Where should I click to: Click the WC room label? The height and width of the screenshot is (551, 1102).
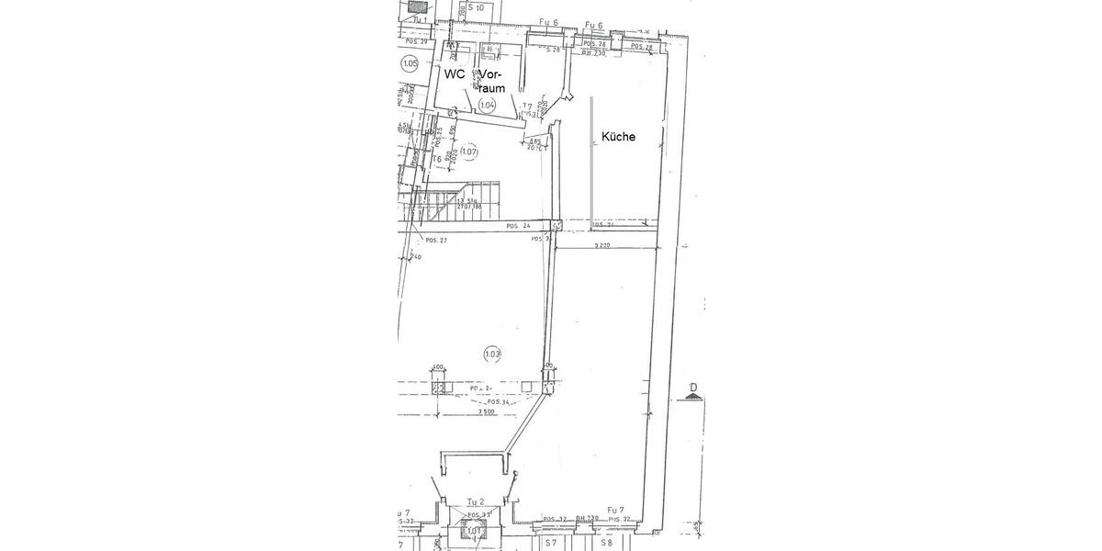pyautogui.click(x=454, y=73)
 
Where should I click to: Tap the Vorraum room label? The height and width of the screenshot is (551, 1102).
pyautogui.click(x=491, y=80)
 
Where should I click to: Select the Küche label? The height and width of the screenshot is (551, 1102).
pyautogui.click(x=618, y=137)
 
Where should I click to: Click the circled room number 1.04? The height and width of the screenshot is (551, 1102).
pyautogui.click(x=487, y=106)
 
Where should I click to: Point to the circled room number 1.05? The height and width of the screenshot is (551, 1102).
pyautogui.click(x=410, y=63)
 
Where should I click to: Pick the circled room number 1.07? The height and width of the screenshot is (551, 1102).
pyautogui.click(x=469, y=152)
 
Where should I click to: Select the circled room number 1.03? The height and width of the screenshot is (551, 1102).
pyautogui.click(x=493, y=353)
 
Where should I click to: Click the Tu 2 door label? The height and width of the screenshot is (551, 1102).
pyautogui.click(x=475, y=501)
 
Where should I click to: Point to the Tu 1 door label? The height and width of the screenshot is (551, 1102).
pyautogui.click(x=419, y=18)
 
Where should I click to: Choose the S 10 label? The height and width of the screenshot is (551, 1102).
pyautogui.click(x=476, y=7)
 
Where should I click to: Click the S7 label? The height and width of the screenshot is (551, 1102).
pyautogui.click(x=550, y=543)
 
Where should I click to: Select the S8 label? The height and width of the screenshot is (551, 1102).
pyautogui.click(x=606, y=543)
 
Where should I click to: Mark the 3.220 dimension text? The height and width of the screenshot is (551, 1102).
pyautogui.click(x=602, y=245)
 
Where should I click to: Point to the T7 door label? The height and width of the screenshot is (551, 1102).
pyautogui.click(x=527, y=107)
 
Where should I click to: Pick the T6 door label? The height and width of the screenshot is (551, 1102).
pyautogui.click(x=438, y=158)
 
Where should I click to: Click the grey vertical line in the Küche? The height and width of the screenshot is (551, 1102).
pyautogui.click(x=590, y=156)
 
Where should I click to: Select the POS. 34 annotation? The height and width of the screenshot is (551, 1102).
pyautogui.click(x=498, y=401)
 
